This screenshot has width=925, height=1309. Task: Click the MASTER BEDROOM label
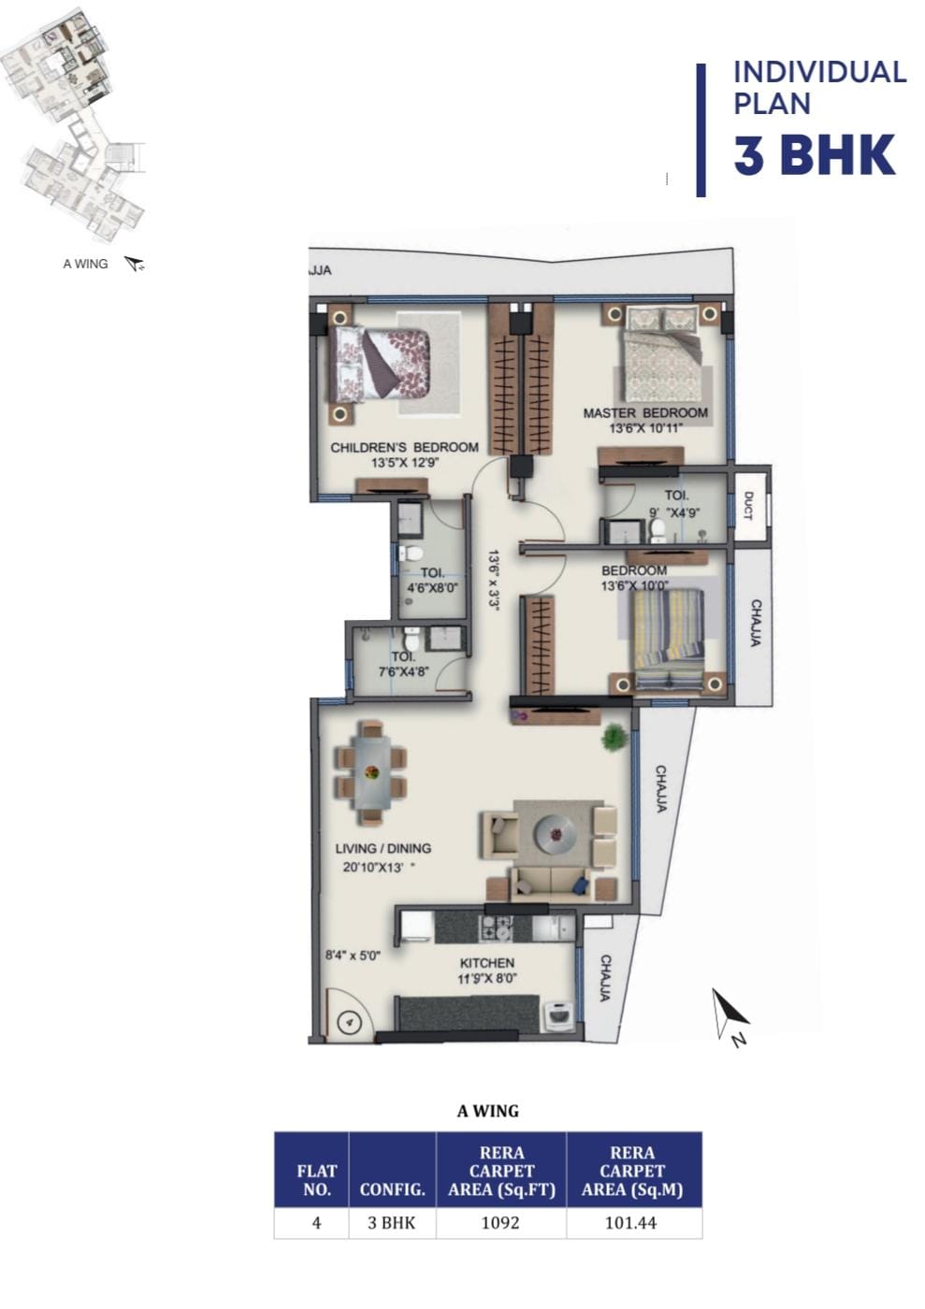click(645, 412)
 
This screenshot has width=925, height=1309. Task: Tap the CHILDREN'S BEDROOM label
click(404, 448)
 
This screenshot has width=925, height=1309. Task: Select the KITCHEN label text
click(487, 962)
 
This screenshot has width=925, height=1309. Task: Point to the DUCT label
click(749, 506)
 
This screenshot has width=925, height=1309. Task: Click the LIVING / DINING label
click(383, 848)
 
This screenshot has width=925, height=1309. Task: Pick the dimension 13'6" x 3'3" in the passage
click(494, 580)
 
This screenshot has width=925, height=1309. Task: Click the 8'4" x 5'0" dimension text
click(354, 956)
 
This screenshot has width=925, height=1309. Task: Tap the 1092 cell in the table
click(500, 1223)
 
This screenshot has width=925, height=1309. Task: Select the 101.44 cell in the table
click(630, 1223)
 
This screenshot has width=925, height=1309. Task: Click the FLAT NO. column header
click(316, 1180)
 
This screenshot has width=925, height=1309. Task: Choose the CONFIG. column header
click(392, 1189)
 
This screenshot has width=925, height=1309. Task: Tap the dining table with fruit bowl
click(371, 772)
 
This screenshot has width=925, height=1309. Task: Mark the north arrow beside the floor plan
click(729, 1014)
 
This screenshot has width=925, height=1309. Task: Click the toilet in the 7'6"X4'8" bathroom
click(412, 640)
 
